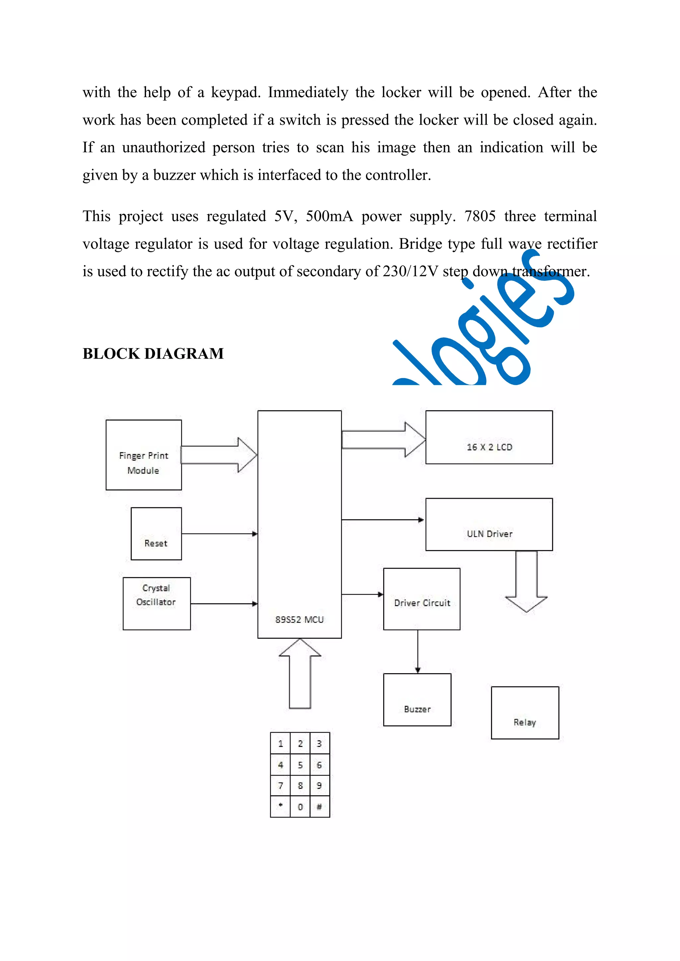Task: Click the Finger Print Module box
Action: [143, 455]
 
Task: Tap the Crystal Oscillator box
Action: [156, 603]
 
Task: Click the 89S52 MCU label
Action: [299, 619]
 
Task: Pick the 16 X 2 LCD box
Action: [489, 437]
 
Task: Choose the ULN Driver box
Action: [489, 525]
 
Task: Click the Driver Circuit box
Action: [421, 599]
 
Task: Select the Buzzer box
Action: [417, 700]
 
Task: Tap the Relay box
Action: [525, 713]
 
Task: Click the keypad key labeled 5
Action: [300, 765]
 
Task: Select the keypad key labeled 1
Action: [280, 744]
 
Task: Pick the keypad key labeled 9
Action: [319, 786]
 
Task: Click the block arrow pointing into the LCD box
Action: [383, 439]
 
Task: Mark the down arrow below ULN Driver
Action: [526, 582]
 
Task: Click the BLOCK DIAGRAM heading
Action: [153, 354]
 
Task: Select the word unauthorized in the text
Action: [163, 148]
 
